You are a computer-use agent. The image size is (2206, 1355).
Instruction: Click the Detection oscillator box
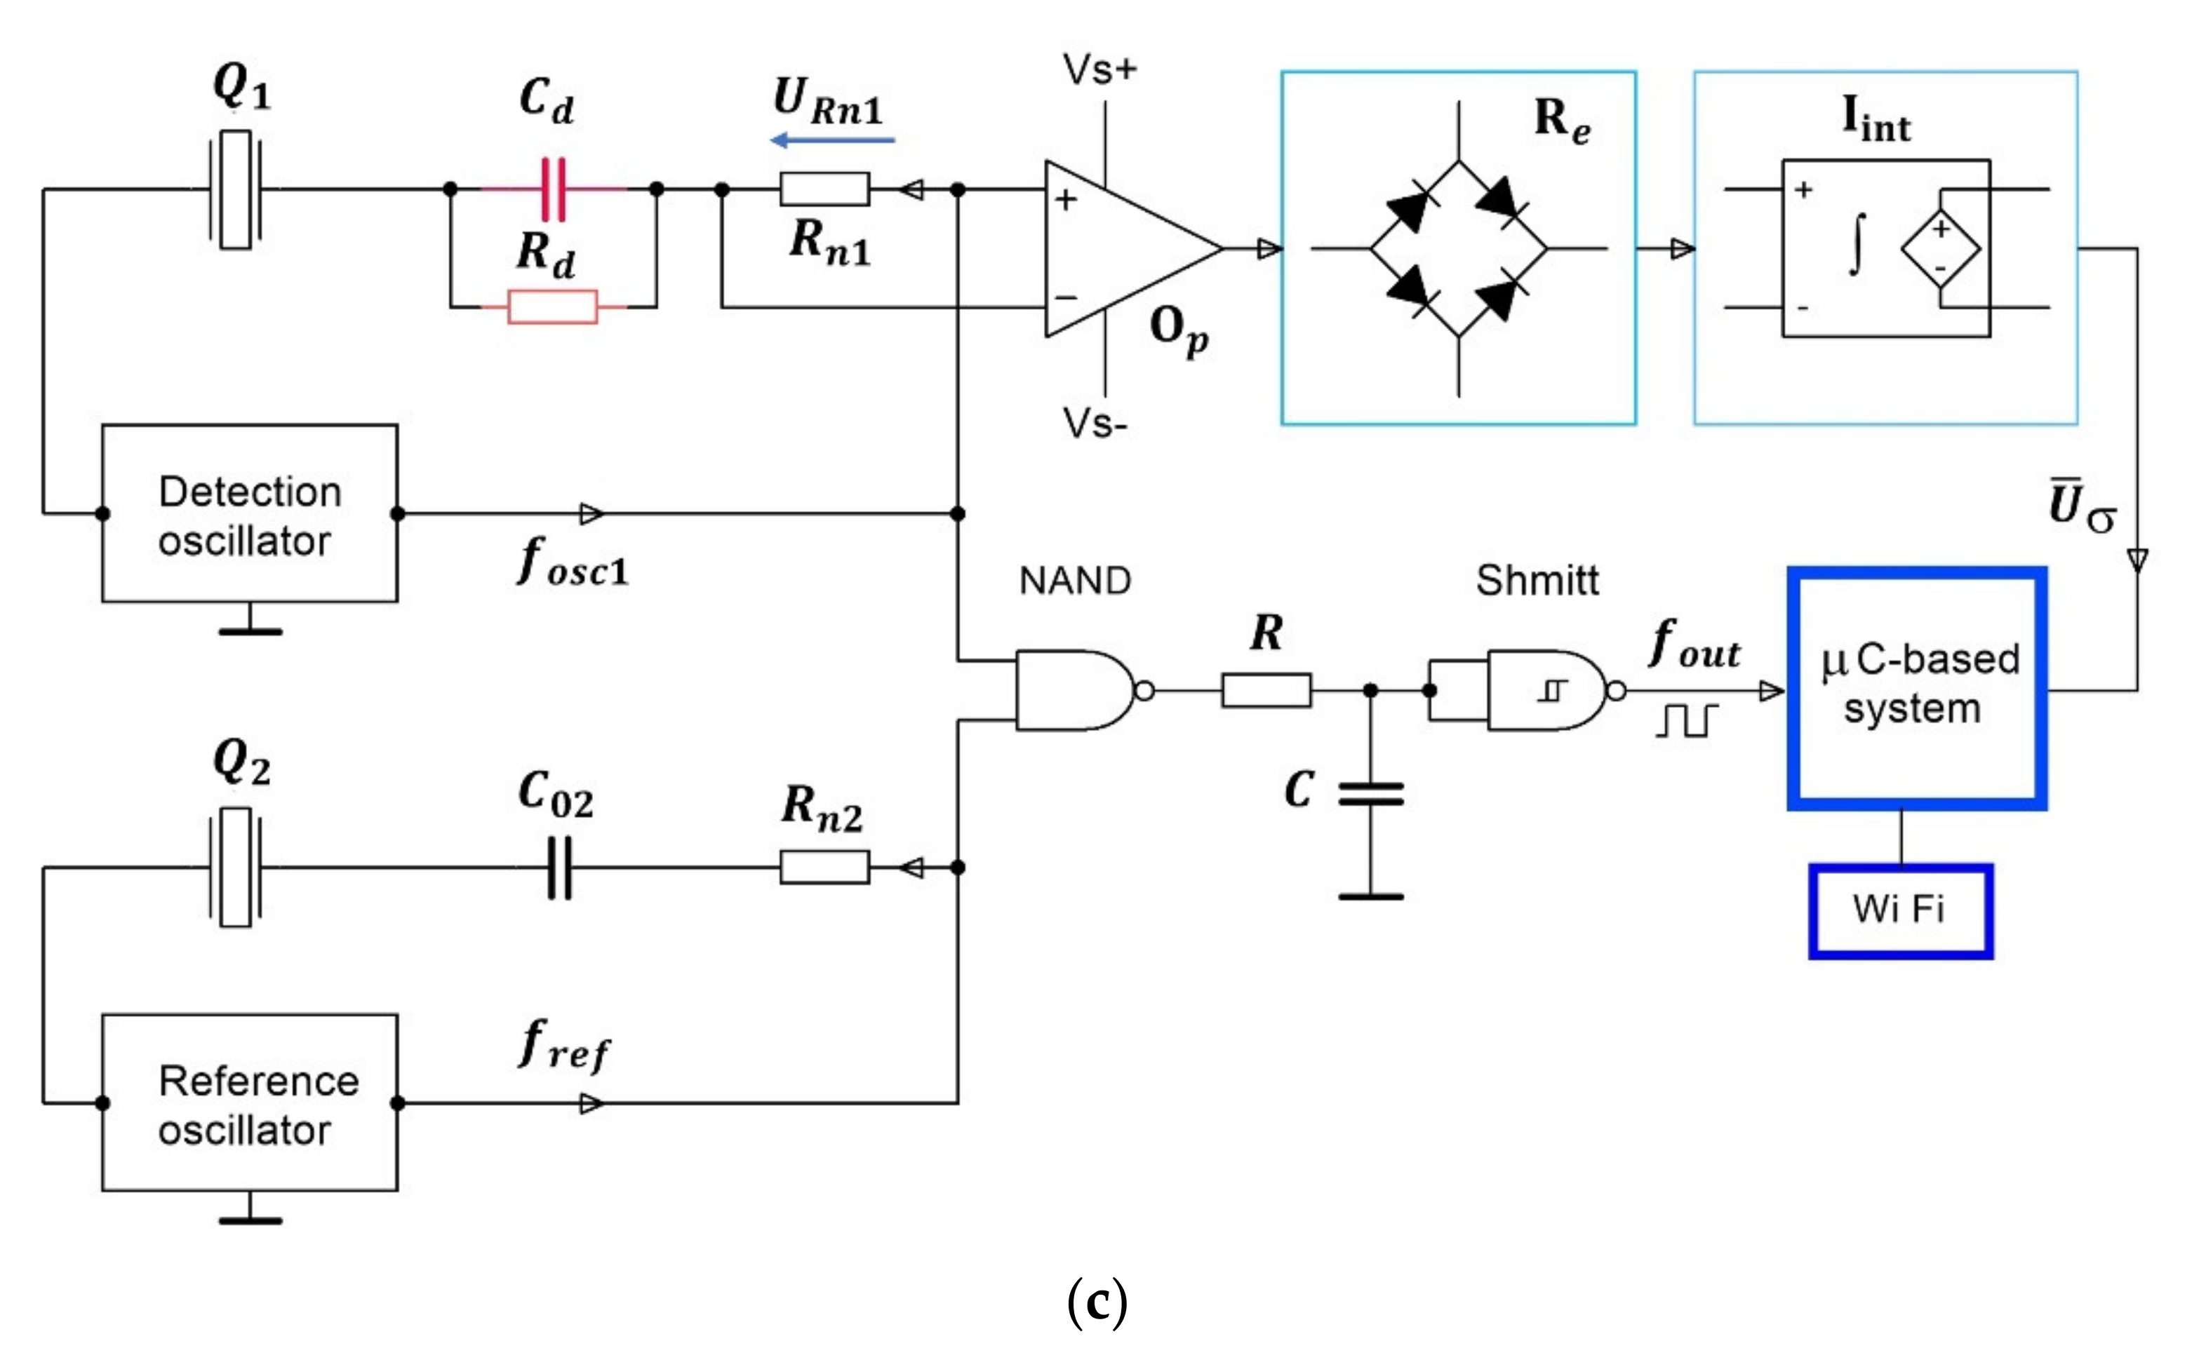click(x=249, y=513)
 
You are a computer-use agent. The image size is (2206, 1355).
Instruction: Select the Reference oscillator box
click(x=249, y=1103)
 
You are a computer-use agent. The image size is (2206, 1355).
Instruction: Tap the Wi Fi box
click(x=1900, y=910)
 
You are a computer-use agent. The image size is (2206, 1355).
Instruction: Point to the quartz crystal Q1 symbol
click(x=236, y=189)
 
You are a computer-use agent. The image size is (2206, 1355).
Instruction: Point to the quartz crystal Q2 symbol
click(x=236, y=867)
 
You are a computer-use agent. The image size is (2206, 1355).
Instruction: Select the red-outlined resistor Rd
click(x=552, y=306)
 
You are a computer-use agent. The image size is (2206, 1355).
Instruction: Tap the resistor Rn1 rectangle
click(x=824, y=189)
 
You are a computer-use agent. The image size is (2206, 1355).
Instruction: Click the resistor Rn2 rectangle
click(x=824, y=867)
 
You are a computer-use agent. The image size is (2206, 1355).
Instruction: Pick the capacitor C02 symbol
click(x=559, y=867)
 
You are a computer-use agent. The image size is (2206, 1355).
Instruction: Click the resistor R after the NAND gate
click(x=1266, y=690)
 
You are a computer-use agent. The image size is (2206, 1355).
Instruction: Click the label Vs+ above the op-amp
click(x=1100, y=69)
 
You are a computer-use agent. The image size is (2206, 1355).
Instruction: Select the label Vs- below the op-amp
click(x=1095, y=423)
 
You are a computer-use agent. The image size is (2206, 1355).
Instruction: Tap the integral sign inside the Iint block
click(x=1857, y=244)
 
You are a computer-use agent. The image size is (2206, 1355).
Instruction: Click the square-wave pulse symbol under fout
click(x=1687, y=720)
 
